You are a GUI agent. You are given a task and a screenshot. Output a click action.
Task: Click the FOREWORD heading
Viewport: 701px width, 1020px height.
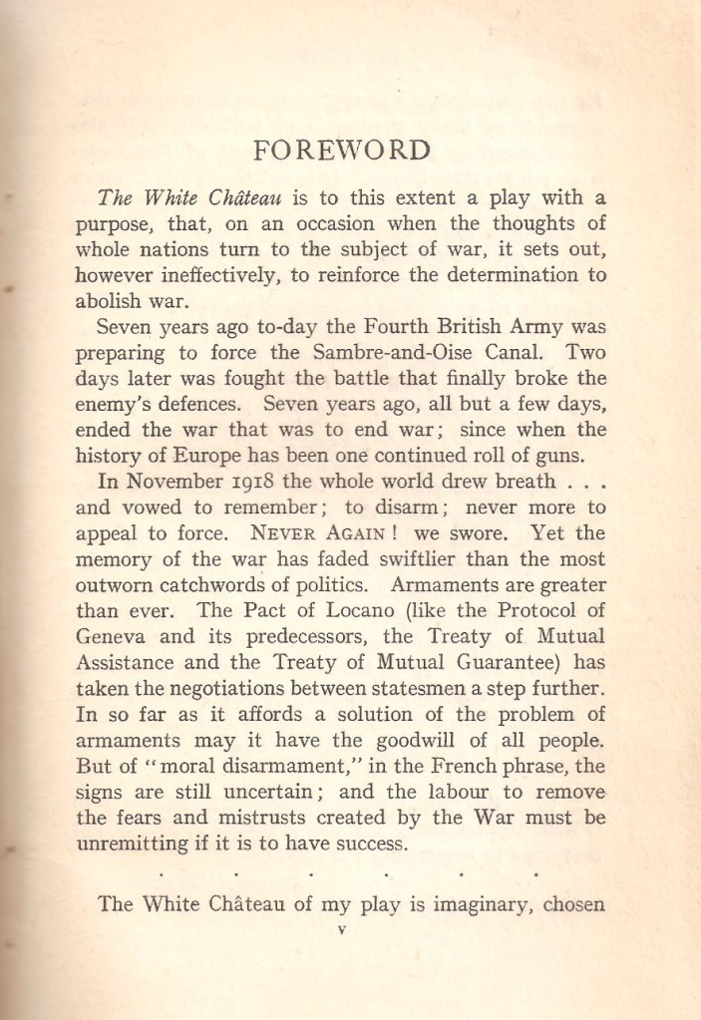342,151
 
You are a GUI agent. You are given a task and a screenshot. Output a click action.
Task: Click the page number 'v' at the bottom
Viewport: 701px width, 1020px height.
342,930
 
